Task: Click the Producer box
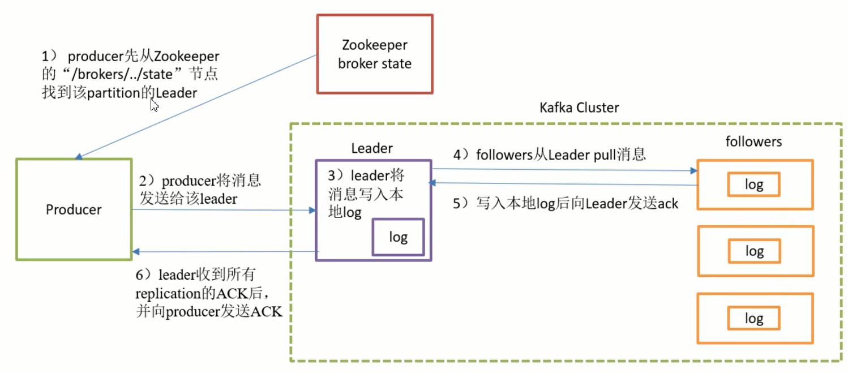coord(74,209)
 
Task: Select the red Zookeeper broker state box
coord(374,54)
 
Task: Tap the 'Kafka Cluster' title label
coord(579,108)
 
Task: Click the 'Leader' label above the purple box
coord(372,148)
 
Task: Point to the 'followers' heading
coord(753,142)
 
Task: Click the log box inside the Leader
coord(398,237)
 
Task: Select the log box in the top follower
coord(753,185)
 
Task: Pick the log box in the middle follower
coord(754,251)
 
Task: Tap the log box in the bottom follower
coord(753,318)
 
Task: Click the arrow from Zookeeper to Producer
coord(195,106)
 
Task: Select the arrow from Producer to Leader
coord(224,210)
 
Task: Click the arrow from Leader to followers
coord(563,169)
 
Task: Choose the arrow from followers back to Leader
coord(563,184)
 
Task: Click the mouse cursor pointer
coord(153,105)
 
